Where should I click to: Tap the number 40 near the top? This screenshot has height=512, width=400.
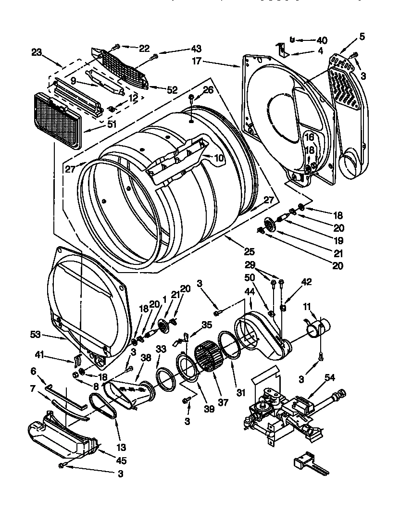pyautogui.click(x=321, y=40)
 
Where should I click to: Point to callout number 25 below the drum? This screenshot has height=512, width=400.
pyautogui.click(x=249, y=251)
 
